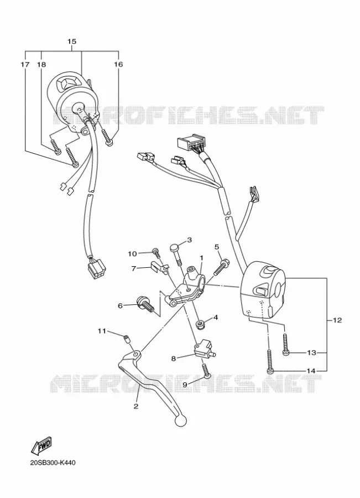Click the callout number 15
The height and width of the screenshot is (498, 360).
72,41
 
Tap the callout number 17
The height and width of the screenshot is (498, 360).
25,65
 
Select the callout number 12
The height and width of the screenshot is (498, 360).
337,320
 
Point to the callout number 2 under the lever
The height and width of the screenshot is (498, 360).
136,406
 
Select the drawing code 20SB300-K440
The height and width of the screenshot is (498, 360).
53,463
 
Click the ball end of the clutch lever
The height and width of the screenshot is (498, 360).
180,421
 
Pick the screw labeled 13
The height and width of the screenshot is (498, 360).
285,344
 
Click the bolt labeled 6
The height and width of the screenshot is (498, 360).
145,304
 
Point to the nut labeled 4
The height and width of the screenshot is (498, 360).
200,325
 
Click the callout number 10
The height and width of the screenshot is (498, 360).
132,253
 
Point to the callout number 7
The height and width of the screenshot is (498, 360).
134,268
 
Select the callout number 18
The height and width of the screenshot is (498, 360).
41,65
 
